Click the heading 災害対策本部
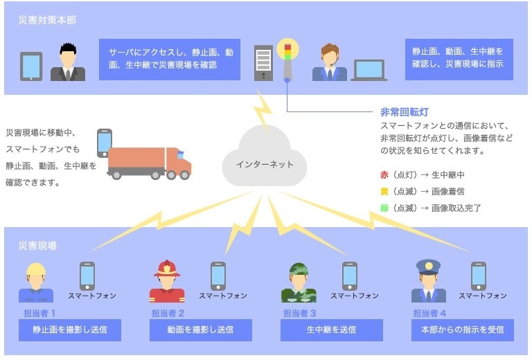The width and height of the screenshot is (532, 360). pos(47,20)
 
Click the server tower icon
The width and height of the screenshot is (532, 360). pos(264,62)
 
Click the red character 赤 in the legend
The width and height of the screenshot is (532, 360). pos(384,174)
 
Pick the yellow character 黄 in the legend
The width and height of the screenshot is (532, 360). pos(384,191)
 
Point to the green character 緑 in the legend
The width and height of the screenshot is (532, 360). pos(384,208)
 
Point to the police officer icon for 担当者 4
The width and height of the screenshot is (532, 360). pos(428,281)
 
